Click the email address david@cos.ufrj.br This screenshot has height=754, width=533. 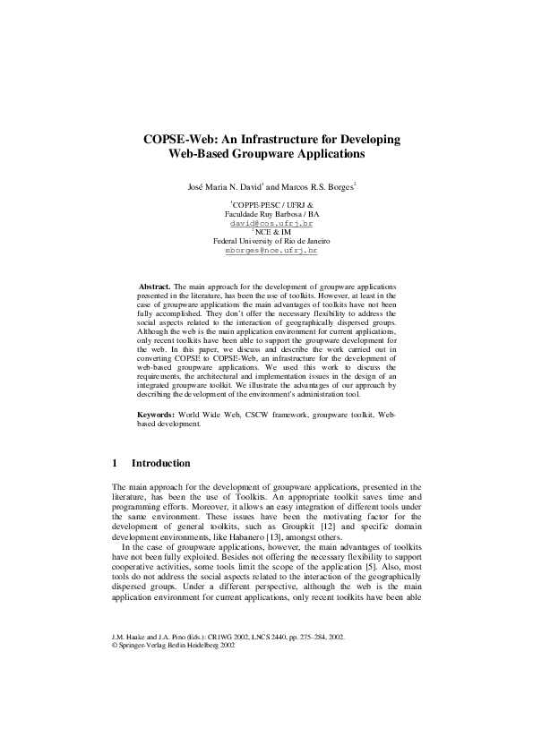click(x=266, y=223)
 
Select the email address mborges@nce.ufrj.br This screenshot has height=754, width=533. click(x=266, y=252)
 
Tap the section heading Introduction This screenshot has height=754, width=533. click(x=160, y=463)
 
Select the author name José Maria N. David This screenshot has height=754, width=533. click(x=222, y=188)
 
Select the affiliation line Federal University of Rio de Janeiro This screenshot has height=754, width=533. click(x=266, y=242)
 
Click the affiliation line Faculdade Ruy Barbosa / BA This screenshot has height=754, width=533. click(x=266, y=214)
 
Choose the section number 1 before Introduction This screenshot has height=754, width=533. click(x=115, y=463)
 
